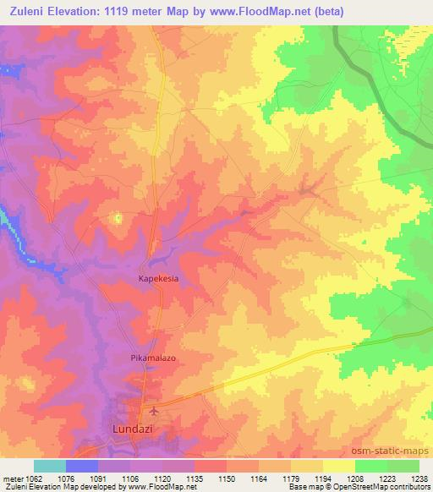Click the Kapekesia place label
pyautogui.click(x=158, y=277)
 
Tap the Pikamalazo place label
pyautogui.click(x=152, y=358)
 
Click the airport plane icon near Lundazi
pyautogui.click(x=152, y=412)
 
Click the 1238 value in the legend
pyautogui.click(x=419, y=478)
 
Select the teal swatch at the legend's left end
pyautogui.click(x=49, y=466)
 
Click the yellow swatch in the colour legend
pyautogui.click(x=338, y=466)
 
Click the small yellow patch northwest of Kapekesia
pyautogui.click(x=118, y=219)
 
